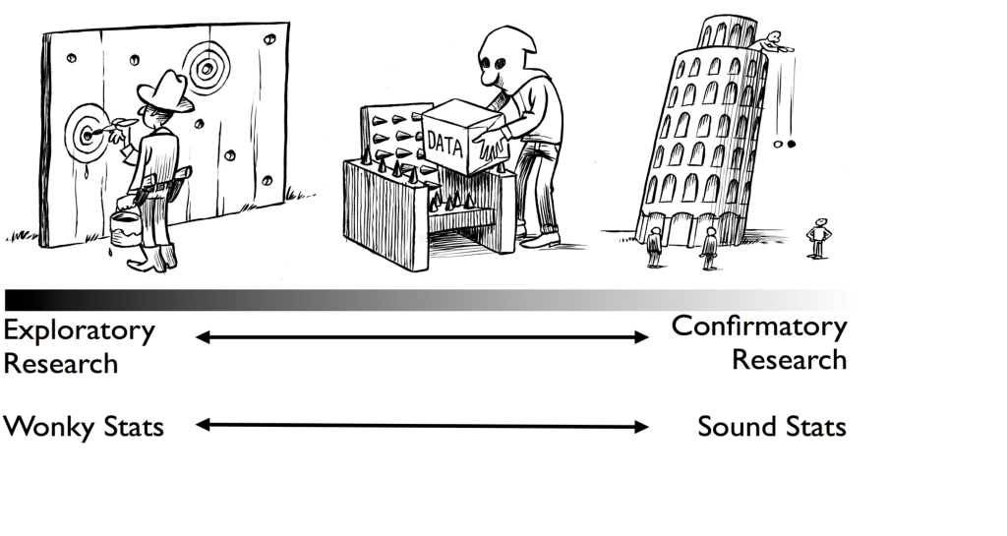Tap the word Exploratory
[79, 330]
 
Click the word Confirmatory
[758, 327]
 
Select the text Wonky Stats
[84, 427]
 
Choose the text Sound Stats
[771, 427]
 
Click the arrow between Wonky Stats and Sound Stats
[422, 426]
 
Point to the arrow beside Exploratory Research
[422, 337]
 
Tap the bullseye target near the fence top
[206, 69]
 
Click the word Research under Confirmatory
[789, 360]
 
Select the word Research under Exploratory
[61, 363]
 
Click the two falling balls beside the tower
[785, 145]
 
